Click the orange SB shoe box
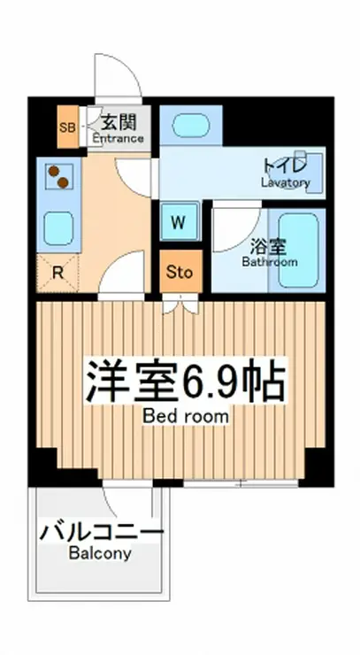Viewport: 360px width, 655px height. point(67,127)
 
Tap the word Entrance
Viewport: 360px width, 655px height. point(119,138)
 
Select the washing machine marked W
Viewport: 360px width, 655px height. point(180,221)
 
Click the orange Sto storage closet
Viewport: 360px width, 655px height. point(180,272)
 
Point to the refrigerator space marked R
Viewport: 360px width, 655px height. point(57,273)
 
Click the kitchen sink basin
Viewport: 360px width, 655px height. point(58,228)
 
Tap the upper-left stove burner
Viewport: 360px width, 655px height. point(53,171)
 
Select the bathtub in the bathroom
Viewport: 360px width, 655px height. point(299,250)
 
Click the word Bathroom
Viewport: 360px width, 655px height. point(270,262)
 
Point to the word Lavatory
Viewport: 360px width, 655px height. point(286,182)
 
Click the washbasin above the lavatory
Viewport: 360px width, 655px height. point(191,125)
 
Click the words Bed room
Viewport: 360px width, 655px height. point(186,416)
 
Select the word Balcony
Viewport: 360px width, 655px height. point(100,553)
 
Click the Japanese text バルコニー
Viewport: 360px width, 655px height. point(102,534)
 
